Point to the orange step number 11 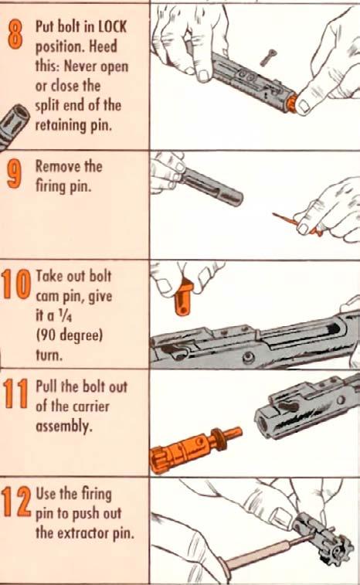pos(15,393)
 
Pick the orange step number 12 pos(16,502)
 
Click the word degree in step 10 pos(80,336)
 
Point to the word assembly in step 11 pos(64,426)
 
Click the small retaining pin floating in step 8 pos(267,57)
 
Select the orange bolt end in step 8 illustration pos(293,103)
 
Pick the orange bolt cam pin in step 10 pos(184,299)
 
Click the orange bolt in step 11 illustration pos(194,449)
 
